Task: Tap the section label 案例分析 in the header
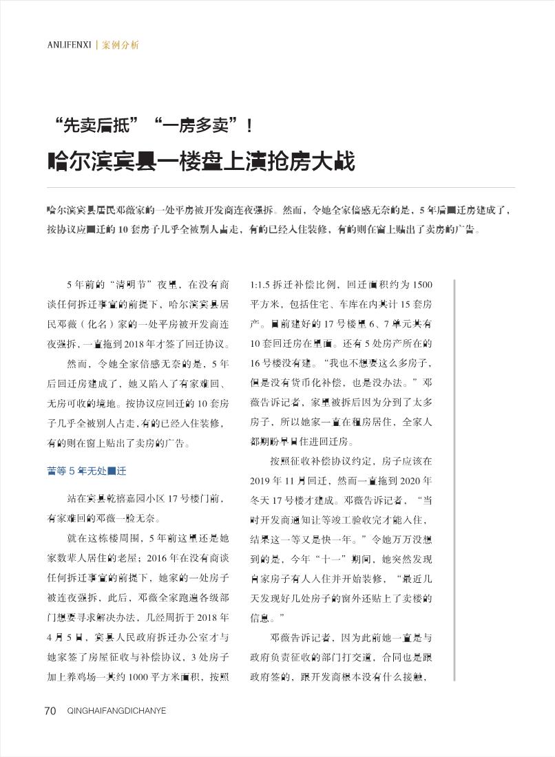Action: [121, 45]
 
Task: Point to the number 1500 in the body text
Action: [422, 285]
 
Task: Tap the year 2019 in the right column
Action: [262, 480]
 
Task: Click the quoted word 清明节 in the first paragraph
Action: [127, 285]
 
